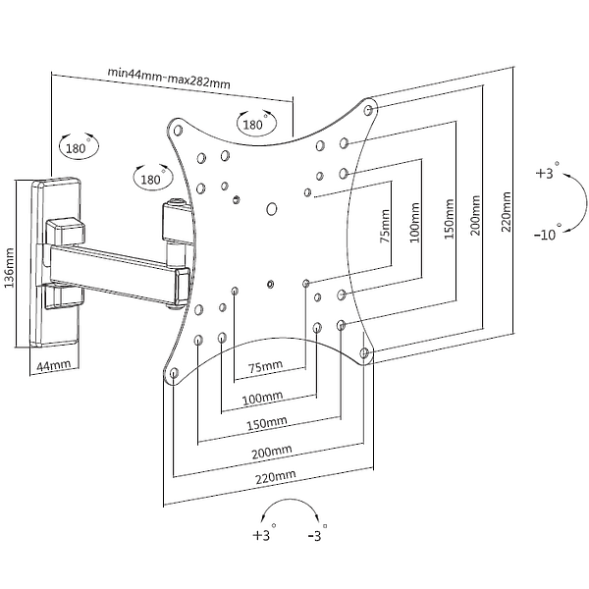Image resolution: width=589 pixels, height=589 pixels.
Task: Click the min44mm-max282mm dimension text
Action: tap(169, 78)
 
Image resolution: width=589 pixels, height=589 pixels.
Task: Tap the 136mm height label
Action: tap(9, 268)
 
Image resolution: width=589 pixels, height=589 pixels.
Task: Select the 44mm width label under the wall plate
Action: tap(54, 365)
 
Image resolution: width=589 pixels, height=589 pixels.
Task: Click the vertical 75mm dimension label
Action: tap(385, 227)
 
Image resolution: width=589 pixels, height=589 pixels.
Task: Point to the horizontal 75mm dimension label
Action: tap(266, 366)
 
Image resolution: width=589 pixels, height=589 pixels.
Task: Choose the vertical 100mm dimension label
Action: tap(414, 223)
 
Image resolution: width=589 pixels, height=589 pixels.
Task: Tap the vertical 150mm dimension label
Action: tap(449, 219)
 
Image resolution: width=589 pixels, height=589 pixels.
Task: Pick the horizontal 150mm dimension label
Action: tap(267, 423)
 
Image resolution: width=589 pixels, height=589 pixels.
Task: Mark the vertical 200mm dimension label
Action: tap(475, 215)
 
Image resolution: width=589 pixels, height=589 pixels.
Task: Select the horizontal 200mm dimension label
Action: tap(272, 452)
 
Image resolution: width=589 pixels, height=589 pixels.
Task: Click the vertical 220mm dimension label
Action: tap(506, 212)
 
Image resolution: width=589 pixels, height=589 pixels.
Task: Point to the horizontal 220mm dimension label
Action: tap(276, 477)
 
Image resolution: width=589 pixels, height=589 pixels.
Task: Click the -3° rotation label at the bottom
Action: tap(317, 534)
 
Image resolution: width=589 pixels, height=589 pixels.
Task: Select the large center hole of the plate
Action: tap(272, 209)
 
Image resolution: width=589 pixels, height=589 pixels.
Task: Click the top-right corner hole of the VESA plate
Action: tap(368, 110)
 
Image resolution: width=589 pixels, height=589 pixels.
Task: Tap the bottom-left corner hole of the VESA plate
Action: tap(174, 373)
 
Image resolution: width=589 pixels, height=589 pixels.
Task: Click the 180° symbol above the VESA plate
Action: tap(256, 123)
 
